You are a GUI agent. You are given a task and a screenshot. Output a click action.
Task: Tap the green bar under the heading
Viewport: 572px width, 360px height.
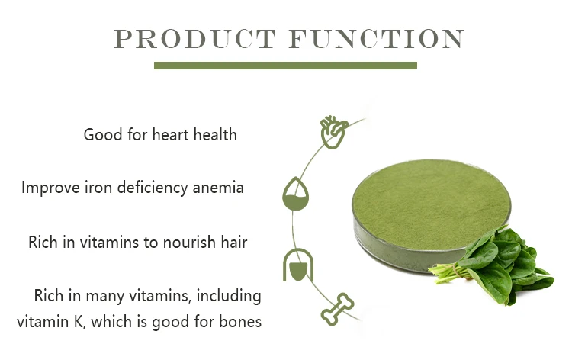[x=285, y=66]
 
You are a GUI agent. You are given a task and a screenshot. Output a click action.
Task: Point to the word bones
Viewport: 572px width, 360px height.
[x=240, y=322]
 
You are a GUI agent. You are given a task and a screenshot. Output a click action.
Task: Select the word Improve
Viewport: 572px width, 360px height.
[x=47, y=187]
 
